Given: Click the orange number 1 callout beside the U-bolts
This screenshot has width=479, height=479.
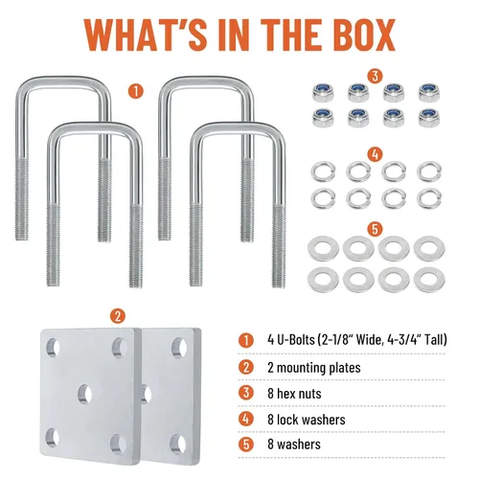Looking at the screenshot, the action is (x=136, y=91).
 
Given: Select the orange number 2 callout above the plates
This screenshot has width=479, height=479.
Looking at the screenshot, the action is (x=118, y=316).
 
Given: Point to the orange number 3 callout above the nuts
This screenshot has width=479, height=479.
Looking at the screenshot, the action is (x=376, y=76).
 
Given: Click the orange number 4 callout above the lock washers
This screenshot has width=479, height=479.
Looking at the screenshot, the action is (x=376, y=154).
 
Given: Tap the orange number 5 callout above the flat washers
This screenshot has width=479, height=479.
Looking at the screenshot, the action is (x=376, y=229).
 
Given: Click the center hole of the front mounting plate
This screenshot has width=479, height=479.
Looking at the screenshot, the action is (x=85, y=394).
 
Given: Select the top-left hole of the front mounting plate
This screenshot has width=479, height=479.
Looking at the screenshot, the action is (x=53, y=347).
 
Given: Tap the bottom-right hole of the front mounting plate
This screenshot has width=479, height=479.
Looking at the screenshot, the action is (x=118, y=444).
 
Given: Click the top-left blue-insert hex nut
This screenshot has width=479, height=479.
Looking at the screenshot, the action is (x=323, y=92).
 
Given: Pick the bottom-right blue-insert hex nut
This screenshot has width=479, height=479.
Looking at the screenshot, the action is (x=429, y=117).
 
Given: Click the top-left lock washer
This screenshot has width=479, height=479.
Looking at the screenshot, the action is (x=323, y=171).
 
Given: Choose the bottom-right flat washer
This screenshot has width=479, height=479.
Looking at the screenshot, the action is (x=429, y=280).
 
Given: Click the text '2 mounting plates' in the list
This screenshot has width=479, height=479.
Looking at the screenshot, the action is (x=314, y=368).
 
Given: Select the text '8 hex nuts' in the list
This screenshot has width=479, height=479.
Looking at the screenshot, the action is (x=294, y=394).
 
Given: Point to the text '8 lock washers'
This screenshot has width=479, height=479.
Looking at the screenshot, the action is (x=307, y=420).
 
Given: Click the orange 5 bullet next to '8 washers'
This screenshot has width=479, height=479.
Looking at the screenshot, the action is (x=246, y=445).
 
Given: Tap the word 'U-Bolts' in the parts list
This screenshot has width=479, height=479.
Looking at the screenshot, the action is (x=296, y=340).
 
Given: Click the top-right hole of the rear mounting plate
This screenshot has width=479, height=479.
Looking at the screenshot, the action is (x=179, y=348).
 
